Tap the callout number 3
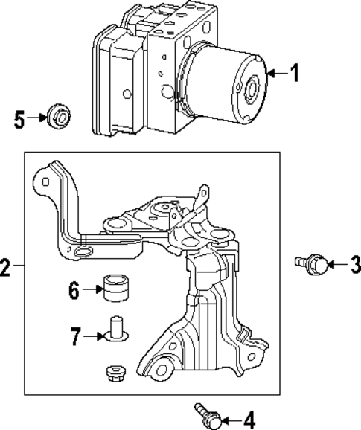[x=354, y=263]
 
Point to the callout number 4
[x=249, y=418]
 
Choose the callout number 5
[x=19, y=118]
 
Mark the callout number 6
[x=74, y=290]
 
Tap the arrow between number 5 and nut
[x=35, y=118]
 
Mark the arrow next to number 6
[x=92, y=290]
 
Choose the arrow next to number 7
[x=93, y=337]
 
